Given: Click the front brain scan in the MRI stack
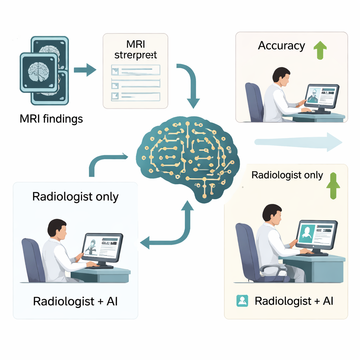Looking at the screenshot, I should (39, 72).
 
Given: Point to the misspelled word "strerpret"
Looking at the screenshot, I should (135, 55).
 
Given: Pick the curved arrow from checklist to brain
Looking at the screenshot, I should (190, 84).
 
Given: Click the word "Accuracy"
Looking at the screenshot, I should (281, 46).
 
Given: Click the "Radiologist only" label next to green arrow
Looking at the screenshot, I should (287, 175).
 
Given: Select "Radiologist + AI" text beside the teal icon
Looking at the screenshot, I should (294, 301).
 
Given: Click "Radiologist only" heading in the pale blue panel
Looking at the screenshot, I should (75, 197).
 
